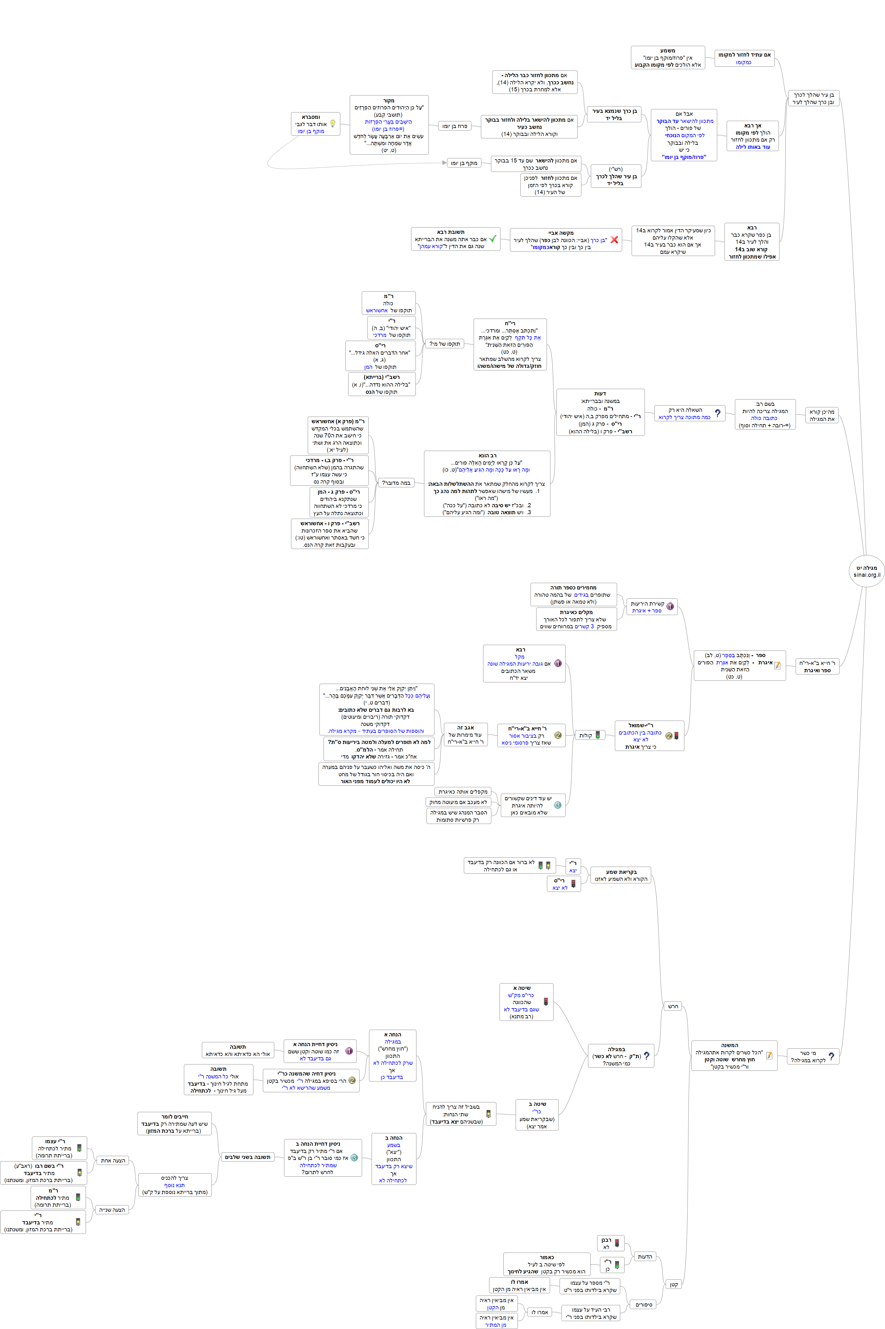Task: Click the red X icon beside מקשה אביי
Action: click(614, 240)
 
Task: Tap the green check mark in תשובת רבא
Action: click(492, 239)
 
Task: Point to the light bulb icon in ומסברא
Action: click(333, 124)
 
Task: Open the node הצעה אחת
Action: click(113, 1160)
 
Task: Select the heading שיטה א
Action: click(522, 988)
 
